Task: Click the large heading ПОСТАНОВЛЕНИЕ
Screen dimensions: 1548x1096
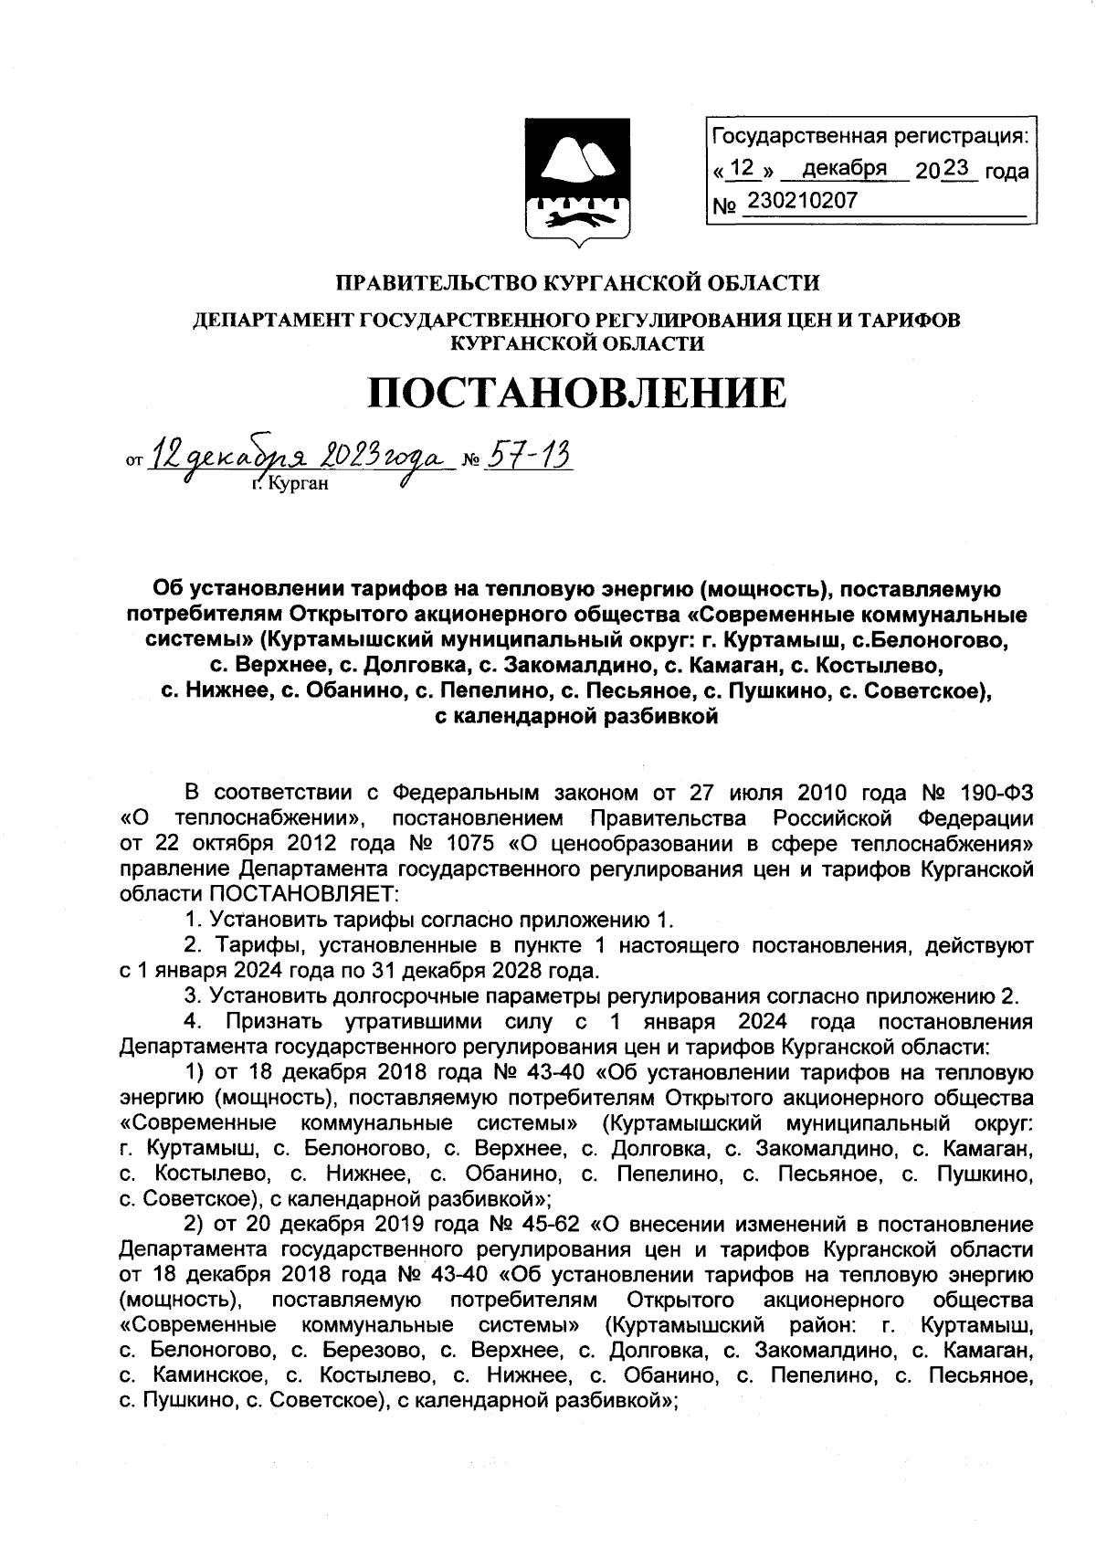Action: [x=576, y=394]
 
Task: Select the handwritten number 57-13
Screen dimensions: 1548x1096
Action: [x=528, y=454]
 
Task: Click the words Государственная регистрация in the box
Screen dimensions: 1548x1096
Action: [x=869, y=137]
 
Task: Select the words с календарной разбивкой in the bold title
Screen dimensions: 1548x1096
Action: [x=576, y=717]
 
